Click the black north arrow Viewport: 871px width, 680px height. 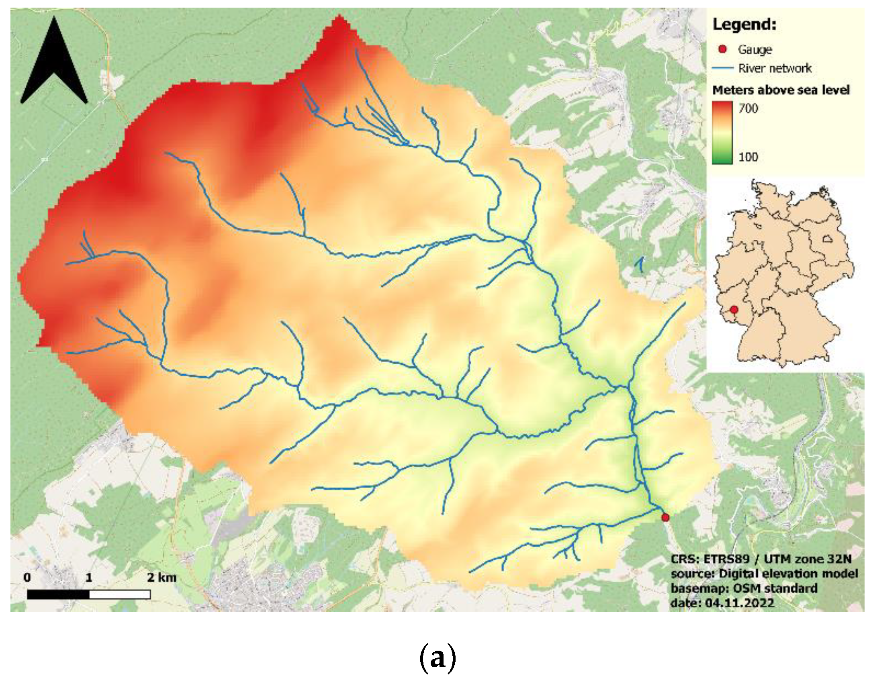tap(54, 64)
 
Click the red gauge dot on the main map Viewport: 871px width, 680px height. tap(665, 517)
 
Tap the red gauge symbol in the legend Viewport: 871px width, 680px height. tap(723, 49)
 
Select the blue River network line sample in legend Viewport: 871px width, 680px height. tap(723, 68)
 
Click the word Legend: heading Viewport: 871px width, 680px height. tap(744, 25)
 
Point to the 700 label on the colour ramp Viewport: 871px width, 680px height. tap(748, 108)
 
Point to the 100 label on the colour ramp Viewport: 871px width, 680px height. tap(748, 157)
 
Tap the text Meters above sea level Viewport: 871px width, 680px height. tap(781, 90)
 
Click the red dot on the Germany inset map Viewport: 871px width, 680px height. tap(734, 310)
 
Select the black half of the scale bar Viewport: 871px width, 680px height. tap(58, 594)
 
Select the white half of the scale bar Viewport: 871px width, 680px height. tap(120, 594)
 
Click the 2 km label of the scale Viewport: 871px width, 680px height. tap(162, 578)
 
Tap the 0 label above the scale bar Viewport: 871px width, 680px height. tap(27, 578)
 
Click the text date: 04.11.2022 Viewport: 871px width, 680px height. tap(722, 603)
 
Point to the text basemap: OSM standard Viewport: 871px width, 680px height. tap(744, 588)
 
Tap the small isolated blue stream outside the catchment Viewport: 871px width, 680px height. tap(640, 264)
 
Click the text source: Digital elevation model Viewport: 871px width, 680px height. tap(764, 574)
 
